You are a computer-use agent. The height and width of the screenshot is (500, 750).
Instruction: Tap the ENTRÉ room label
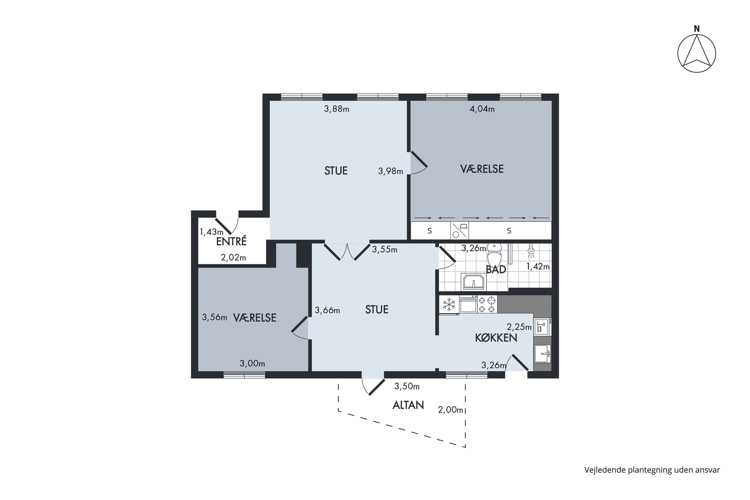click(x=231, y=241)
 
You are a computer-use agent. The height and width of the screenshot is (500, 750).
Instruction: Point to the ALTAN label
click(x=408, y=405)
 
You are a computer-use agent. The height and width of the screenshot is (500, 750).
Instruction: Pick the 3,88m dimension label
click(x=336, y=109)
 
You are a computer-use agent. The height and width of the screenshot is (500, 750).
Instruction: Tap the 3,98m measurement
click(x=390, y=171)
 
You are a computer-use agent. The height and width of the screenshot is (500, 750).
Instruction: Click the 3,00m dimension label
click(x=252, y=363)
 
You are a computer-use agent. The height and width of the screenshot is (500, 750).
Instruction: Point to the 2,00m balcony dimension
click(x=450, y=410)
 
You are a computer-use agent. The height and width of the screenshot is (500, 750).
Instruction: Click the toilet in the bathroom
click(x=494, y=255)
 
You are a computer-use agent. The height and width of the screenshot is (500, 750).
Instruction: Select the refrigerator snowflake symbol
click(x=449, y=304)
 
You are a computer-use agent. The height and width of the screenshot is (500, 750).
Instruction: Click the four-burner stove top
click(x=487, y=304)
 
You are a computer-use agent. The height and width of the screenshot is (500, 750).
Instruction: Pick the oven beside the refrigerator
click(x=468, y=304)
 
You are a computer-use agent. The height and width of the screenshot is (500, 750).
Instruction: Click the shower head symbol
click(x=531, y=251)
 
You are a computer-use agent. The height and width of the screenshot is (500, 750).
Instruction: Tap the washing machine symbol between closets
click(x=459, y=230)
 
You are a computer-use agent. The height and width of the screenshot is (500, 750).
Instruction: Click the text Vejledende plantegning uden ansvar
click(x=652, y=470)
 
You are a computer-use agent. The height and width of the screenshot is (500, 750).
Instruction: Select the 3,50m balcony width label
click(x=407, y=386)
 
